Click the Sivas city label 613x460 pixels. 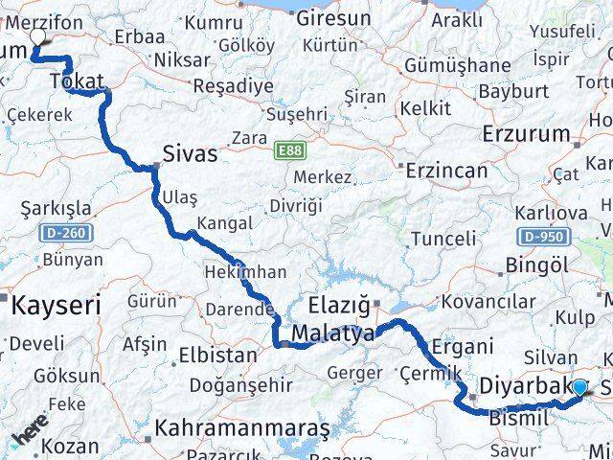coord(191,152)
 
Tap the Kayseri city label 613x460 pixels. coord(56,308)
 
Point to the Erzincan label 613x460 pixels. coord(446,171)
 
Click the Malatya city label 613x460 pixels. coord(333,334)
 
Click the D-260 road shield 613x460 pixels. coord(64,233)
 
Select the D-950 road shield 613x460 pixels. coord(541,235)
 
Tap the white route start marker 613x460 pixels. coord(37,36)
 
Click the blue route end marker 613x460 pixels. coord(579,387)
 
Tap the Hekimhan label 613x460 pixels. coord(245,271)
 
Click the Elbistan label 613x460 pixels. coord(217,356)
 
